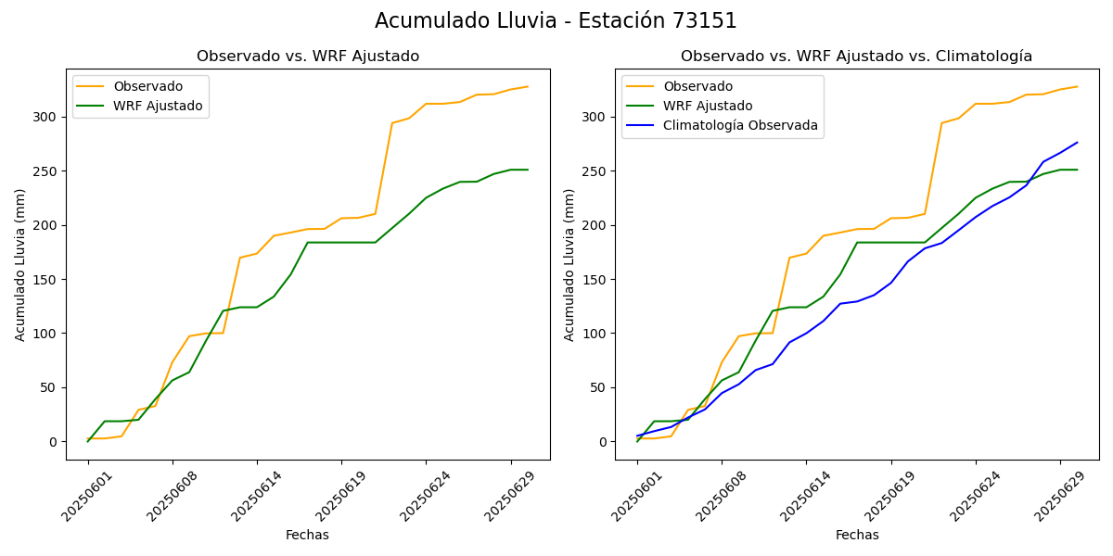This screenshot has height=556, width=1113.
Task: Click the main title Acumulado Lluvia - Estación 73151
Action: click(556, 21)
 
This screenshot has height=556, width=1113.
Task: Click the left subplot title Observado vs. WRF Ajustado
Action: click(307, 57)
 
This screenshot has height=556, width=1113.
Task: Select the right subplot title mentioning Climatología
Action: click(856, 57)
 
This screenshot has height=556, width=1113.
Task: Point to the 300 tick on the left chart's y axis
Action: click(45, 117)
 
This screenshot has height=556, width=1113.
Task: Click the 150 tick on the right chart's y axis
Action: click(595, 279)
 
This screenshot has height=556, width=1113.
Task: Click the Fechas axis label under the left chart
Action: click(307, 535)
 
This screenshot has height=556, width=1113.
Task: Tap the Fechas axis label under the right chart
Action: click(857, 535)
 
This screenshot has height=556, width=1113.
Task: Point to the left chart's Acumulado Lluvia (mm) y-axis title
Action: click(20, 264)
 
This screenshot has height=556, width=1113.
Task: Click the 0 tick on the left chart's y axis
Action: click(53, 442)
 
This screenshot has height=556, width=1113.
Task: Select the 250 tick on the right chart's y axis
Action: click(595, 171)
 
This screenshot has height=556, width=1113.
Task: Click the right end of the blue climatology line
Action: click(1077, 143)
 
